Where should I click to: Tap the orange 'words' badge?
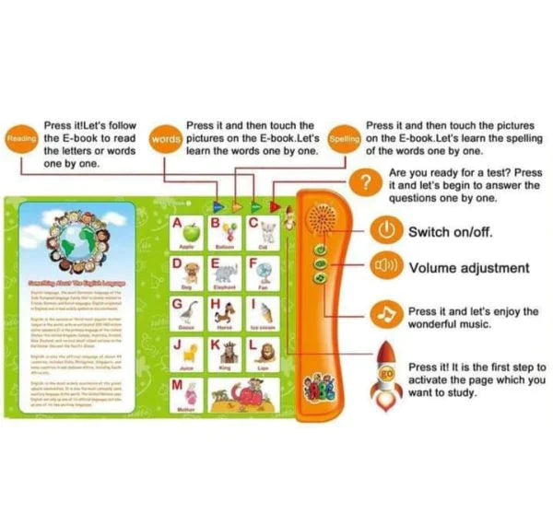[x=166, y=140]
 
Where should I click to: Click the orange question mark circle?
[x=369, y=182]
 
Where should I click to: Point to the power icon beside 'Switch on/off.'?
[x=387, y=229]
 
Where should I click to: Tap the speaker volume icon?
[x=387, y=269]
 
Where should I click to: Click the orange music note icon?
[x=386, y=317]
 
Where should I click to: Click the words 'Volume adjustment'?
[x=468, y=269]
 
